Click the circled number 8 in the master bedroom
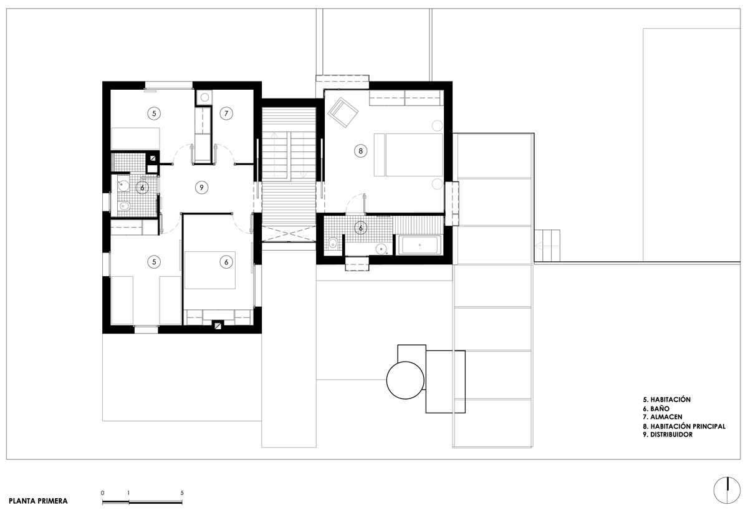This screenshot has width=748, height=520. [360, 150]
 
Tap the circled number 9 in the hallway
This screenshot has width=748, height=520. [200, 187]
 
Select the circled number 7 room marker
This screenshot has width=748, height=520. [226, 113]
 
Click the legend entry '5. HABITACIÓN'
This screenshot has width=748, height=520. [666, 399]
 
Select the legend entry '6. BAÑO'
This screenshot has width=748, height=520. [657, 408]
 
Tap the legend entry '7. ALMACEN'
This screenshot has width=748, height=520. [663, 417]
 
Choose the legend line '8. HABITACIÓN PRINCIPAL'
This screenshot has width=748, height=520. [684, 426]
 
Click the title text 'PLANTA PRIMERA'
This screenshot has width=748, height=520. [39, 501]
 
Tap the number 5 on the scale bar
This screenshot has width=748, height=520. [182, 493]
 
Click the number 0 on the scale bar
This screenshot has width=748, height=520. [102, 493]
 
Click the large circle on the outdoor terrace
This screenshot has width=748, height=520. [406, 380]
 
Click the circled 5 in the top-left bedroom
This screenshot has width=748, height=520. [153, 113]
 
